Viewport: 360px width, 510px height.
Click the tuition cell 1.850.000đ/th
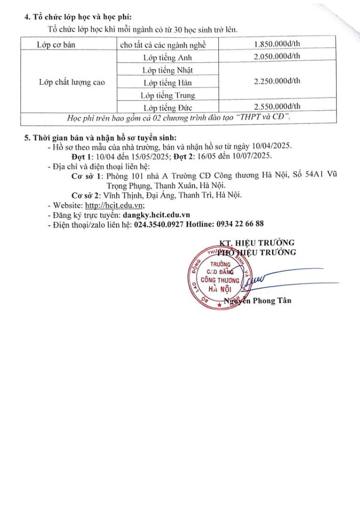(x=277, y=45)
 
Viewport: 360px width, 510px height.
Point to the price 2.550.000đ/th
(x=277, y=106)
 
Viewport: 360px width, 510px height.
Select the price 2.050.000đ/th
(x=277, y=57)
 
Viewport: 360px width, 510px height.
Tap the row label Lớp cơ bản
(x=56, y=45)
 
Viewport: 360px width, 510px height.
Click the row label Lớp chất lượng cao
(x=72, y=82)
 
